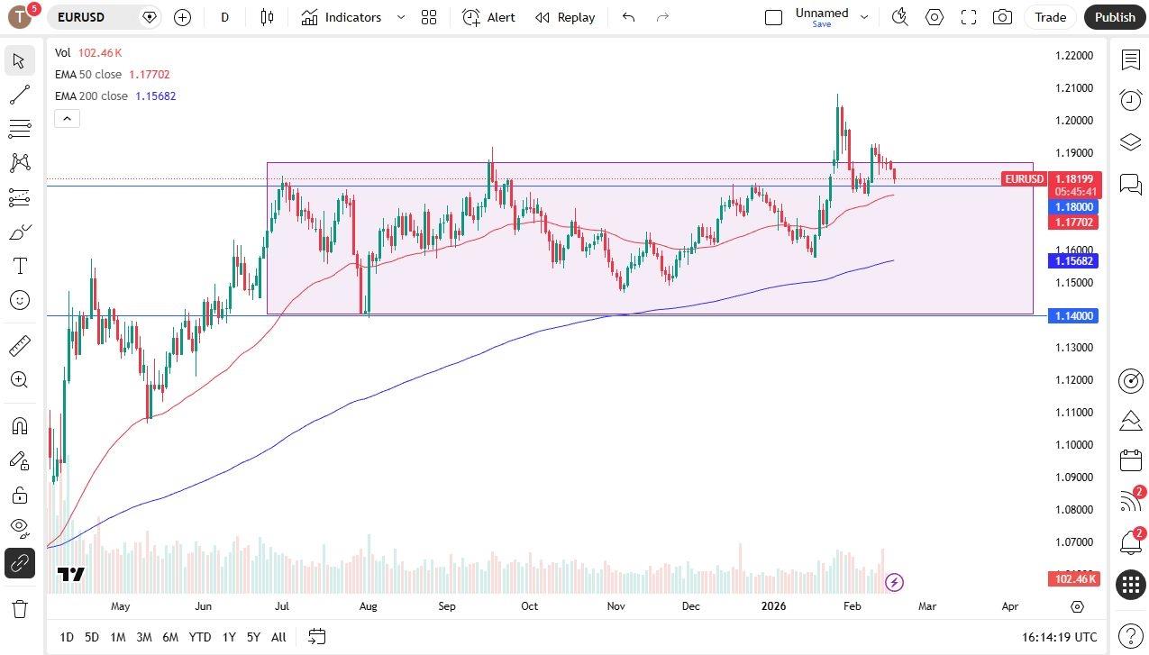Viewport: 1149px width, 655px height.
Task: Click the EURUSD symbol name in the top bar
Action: (x=81, y=17)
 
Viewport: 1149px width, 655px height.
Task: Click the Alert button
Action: (x=489, y=17)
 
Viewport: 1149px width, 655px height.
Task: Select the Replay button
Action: (x=565, y=17)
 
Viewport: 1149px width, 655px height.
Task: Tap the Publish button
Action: (x=1115, y=17)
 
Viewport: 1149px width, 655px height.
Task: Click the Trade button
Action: (x=1050, y=17)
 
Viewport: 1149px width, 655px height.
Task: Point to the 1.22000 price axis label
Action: (x=1073, y=56)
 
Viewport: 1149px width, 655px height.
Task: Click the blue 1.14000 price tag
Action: (x=1073, y=316)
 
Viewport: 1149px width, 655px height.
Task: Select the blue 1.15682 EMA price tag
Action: (x=1073, y=261)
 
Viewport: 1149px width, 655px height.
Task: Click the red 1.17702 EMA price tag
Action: (x=1073, y=223)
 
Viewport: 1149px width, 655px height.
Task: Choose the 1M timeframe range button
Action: (x=117, y=637)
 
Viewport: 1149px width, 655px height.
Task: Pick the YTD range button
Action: (x=200, y=637)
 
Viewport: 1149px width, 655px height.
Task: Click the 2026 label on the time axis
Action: (x=773, y=606)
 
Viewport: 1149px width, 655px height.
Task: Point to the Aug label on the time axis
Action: (x=368, y=606)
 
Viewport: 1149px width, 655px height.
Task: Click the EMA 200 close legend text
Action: (x=91, y=96)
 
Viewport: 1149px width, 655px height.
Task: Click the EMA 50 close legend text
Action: (x=88, y=75)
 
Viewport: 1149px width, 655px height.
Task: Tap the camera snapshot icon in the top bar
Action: (x=1001, y=17)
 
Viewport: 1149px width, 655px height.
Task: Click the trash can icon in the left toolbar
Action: (x=19, y=608)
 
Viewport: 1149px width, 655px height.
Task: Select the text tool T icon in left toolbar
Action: (x=19, y=266)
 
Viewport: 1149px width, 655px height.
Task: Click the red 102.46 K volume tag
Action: (x=1073, y=578)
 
